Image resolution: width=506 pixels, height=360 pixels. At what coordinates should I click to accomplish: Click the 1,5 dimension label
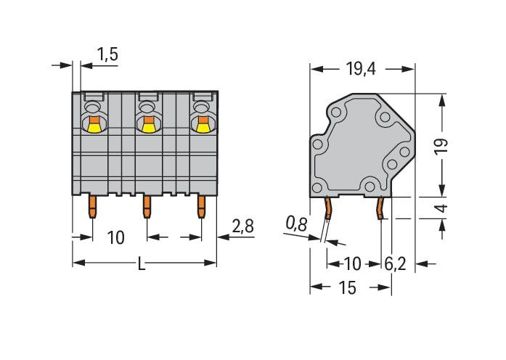click(107, 54)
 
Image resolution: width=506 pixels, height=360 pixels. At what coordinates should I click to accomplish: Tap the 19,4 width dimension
click(361, 69)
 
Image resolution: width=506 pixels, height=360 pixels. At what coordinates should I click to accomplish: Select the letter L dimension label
click(142, 263)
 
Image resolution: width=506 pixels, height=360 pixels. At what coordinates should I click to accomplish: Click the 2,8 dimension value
click(243, 226)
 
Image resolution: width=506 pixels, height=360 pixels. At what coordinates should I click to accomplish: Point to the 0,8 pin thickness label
click(296, 224)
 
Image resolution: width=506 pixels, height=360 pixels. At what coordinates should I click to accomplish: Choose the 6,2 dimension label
click(395, 264)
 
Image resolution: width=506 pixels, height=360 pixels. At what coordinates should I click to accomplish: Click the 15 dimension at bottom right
click(347, 287)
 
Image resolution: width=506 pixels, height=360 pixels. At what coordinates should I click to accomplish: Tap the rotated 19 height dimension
click(442, 147)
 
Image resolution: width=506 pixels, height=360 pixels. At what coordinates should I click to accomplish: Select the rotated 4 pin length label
click(442, 208)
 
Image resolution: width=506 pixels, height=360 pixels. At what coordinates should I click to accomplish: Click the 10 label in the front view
click(115, 238)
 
